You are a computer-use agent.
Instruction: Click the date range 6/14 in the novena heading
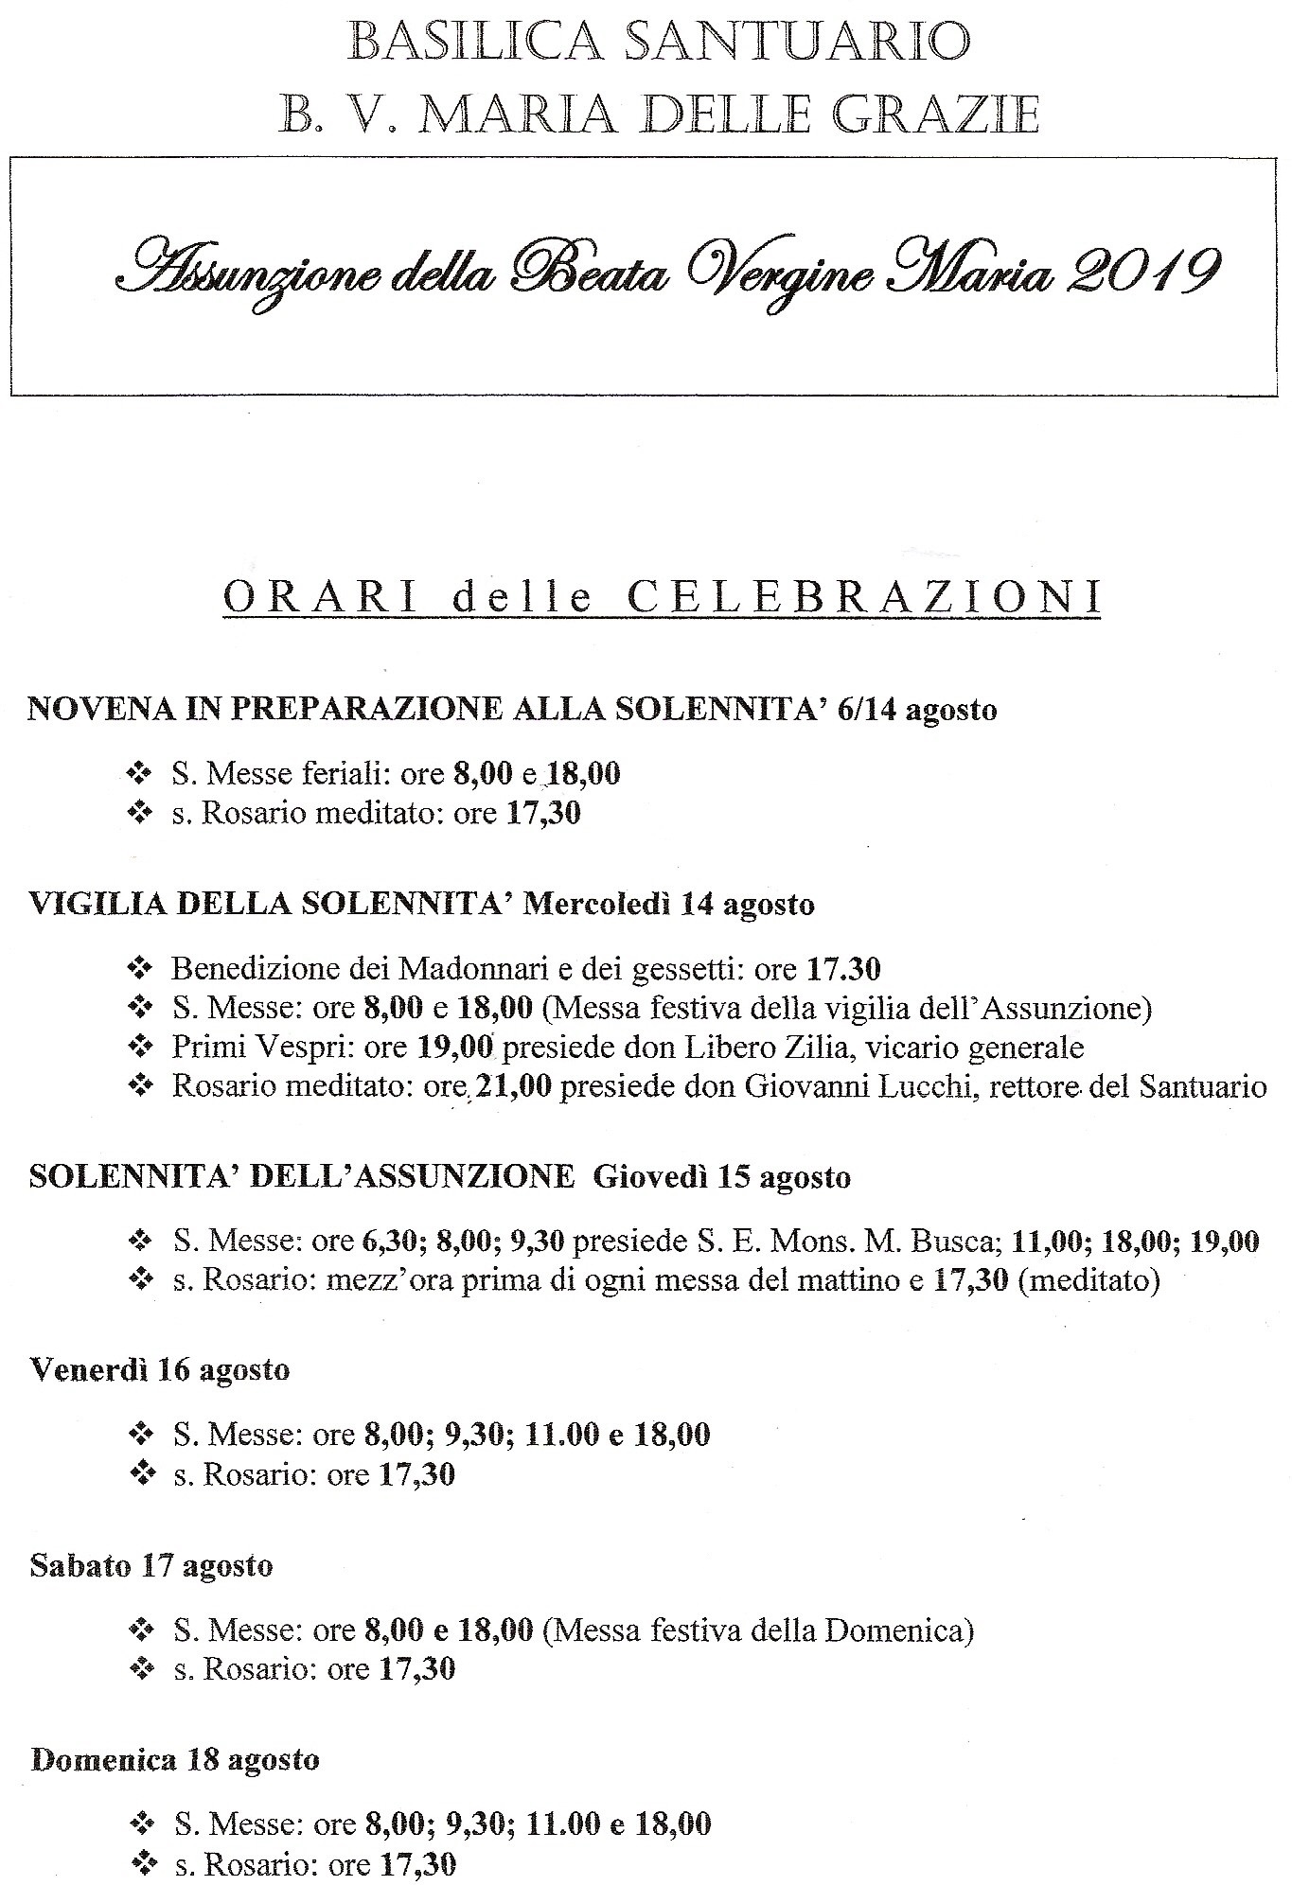tap(867, 710)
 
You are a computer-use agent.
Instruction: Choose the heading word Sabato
tap(80, 1565)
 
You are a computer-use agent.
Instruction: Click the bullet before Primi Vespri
tap(139, 1048)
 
